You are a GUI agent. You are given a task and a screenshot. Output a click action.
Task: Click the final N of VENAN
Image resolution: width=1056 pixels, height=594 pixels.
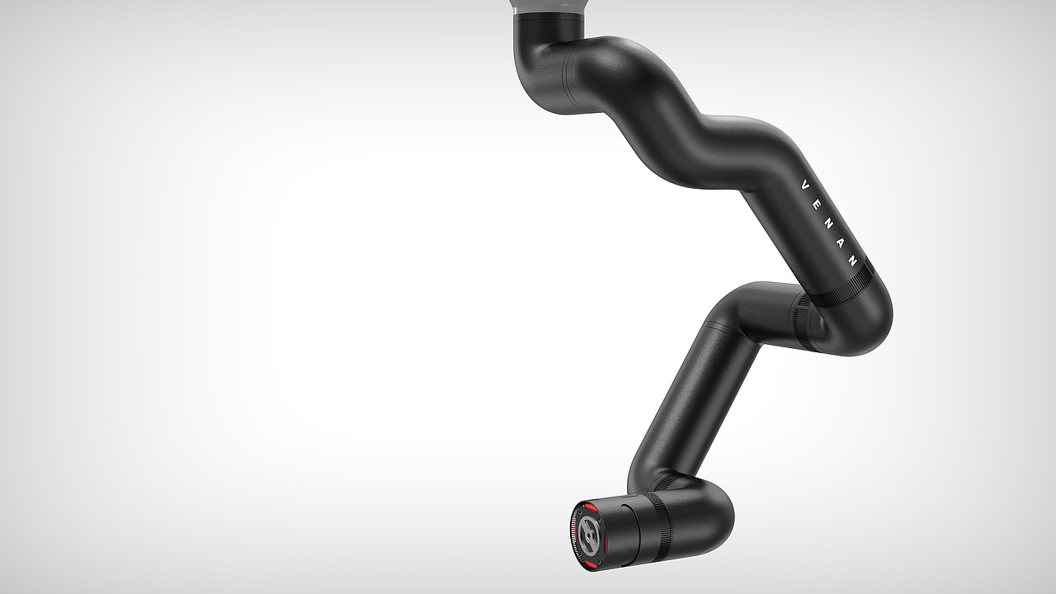(x=853, y=261)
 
